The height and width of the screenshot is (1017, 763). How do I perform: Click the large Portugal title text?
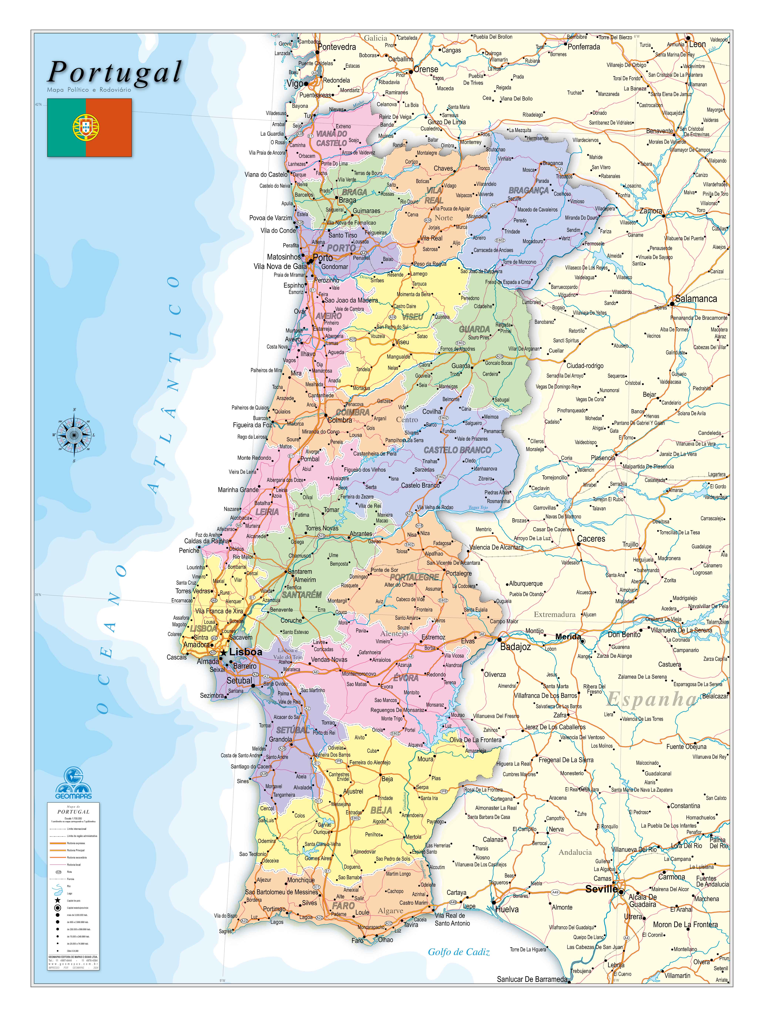(x=115, y=73)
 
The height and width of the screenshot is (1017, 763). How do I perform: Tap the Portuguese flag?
(x=89, y=127)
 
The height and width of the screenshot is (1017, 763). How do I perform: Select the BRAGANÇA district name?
(x=528, y=190)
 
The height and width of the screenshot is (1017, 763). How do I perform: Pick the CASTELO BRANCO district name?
(x=457, y=450)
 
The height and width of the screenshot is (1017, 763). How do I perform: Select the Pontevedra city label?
(x=337, y=47)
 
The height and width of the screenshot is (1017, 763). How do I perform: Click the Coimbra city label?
(x=340, y=420)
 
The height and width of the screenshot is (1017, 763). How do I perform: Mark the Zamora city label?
(x=651, y=211)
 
